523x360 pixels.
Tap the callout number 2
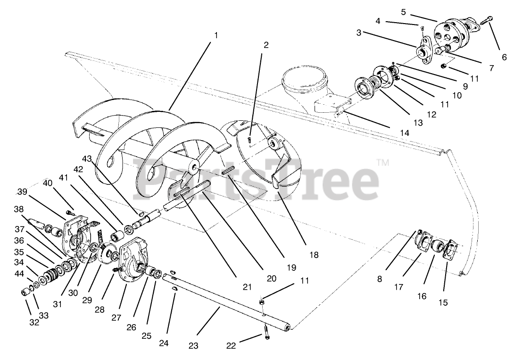coord(266,45)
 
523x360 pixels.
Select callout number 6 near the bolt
coord(504,58)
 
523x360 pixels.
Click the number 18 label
coord(314,255)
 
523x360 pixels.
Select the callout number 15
coord(443,302)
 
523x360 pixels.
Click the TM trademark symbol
coord(383,163)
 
